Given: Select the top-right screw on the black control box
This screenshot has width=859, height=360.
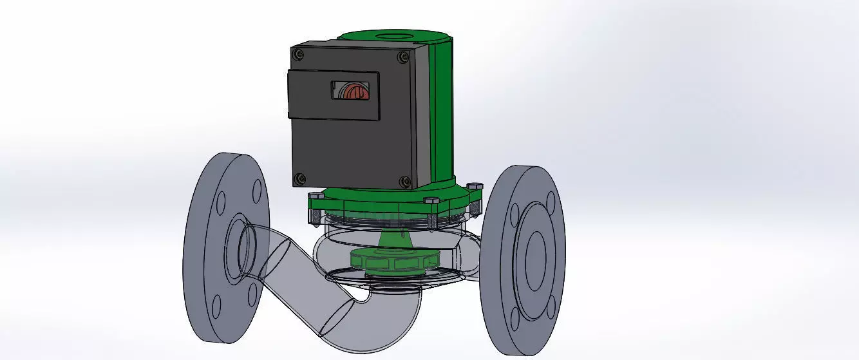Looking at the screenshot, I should (x=403, y=57).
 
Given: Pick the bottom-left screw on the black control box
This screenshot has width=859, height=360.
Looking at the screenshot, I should (x=299, y=178).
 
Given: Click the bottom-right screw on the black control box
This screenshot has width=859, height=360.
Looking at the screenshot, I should (x=404, y=182).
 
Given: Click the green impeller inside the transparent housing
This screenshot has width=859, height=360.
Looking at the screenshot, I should (x=393, y=261).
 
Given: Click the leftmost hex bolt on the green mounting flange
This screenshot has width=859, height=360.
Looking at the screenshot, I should (x=316, y=196).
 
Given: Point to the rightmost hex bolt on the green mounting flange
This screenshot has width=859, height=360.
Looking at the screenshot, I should (x=476, y=187).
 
